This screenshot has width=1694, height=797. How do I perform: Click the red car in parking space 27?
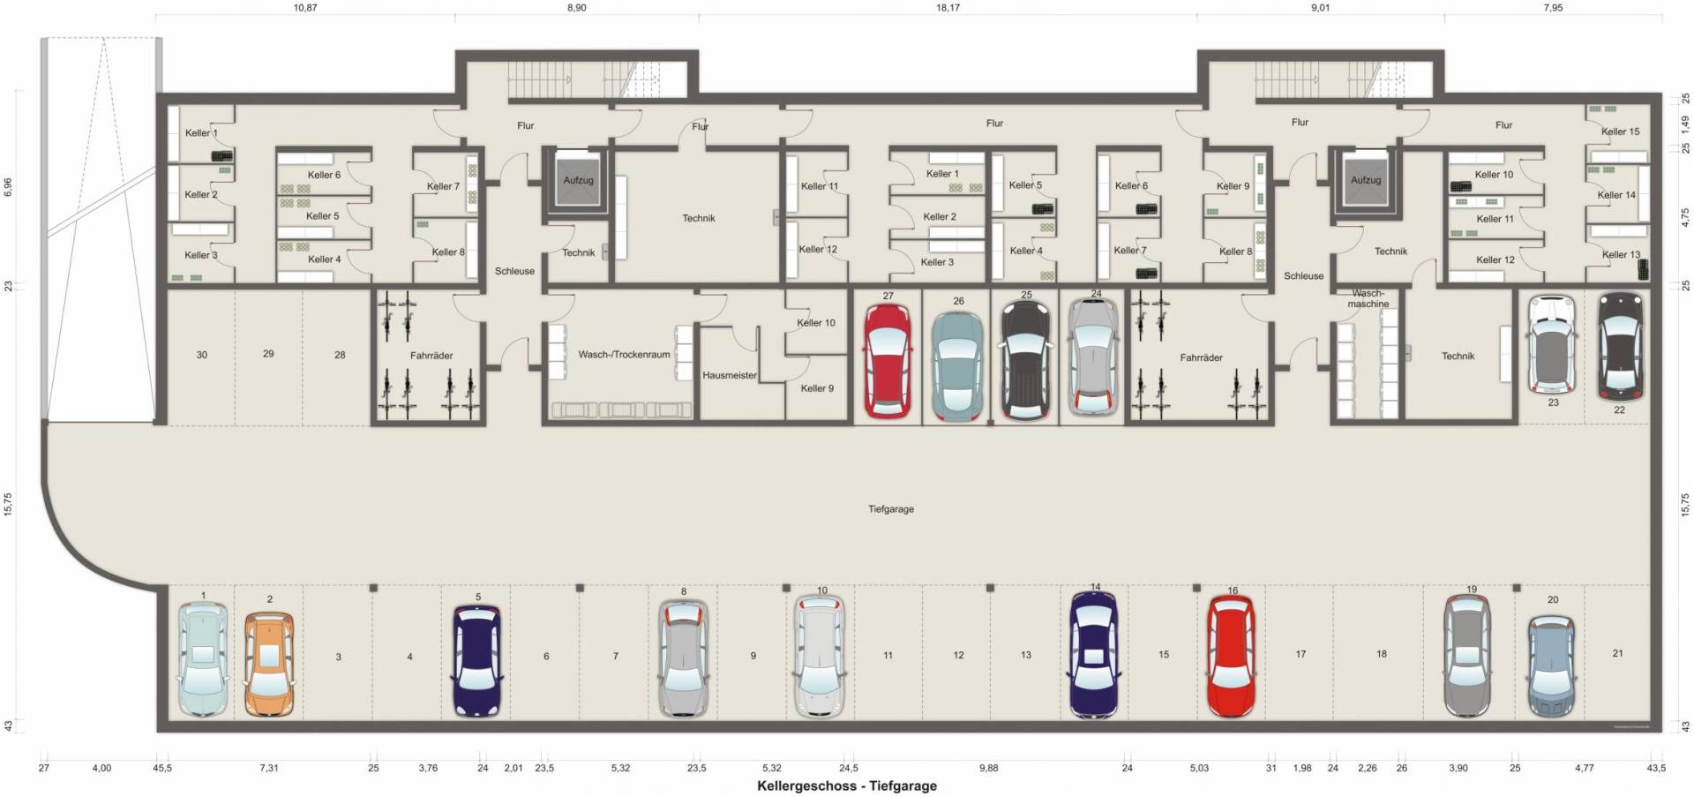887,360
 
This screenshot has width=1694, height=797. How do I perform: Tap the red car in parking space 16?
1231,657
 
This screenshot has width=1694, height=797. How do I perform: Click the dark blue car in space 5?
476,660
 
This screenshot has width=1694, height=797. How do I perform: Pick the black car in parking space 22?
1621,347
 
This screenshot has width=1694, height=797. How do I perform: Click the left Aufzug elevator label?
579,180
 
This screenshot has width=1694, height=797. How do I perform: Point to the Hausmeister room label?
730,375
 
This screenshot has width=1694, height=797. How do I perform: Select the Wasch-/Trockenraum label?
624,355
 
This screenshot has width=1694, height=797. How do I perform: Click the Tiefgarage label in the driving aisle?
891,509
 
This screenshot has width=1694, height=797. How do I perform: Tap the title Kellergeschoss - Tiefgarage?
847,786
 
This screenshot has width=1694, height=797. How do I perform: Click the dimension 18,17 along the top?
948,8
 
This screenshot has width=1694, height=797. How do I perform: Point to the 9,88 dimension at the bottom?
988,768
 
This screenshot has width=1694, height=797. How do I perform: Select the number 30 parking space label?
202,355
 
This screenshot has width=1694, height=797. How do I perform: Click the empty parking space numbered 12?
958,655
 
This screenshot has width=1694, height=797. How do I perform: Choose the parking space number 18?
1381,654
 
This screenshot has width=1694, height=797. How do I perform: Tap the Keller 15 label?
1620,132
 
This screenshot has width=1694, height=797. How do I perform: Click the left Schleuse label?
514,271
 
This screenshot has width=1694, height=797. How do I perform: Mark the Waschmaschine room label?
1368,298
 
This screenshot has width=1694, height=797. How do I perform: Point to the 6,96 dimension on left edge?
8,186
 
